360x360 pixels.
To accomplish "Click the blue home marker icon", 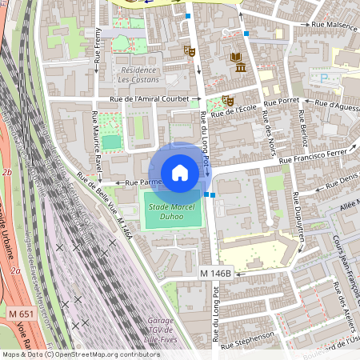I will [x=180, y=173].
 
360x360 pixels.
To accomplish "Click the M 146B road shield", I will [x=215, y=274].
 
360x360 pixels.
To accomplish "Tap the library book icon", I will [x=236, y=57].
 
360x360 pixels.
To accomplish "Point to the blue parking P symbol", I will [x=325, y=78].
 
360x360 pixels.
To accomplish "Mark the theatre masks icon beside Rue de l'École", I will [x=228, y=101].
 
